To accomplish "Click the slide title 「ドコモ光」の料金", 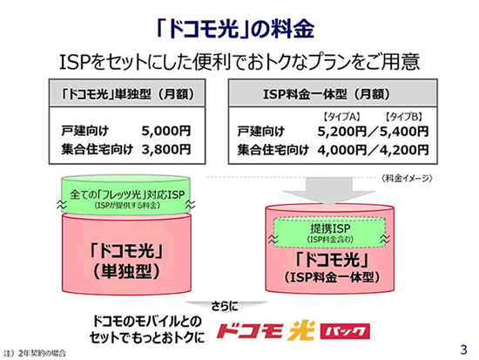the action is [x=234, y=30].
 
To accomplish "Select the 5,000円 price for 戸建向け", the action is [x=166, y=131].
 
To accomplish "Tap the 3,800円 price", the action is [x=166, y=150].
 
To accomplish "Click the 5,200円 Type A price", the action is [x=342, y=132].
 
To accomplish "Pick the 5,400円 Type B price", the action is [x=404, y=132].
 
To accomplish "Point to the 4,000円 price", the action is [x=342, y=150].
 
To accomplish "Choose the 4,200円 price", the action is [x=404, y=150].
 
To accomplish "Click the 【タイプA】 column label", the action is [x=342, y=117].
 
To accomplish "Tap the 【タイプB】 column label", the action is [x=404, y=117].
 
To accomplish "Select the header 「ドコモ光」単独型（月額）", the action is [x=127, y=94].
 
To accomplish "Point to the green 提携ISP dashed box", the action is [x=329, y=233].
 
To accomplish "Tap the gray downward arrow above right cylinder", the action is [x=329, y=190].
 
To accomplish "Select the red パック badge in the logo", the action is [x=345, y=331].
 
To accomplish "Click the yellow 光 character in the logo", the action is [x=301, y=330].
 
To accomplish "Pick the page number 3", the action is [x=463, y=350].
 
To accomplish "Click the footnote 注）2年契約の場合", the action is [x=35, y=354].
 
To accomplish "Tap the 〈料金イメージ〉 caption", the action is [x=407, y=179].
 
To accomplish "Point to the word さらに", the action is [x=225, y=306].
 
